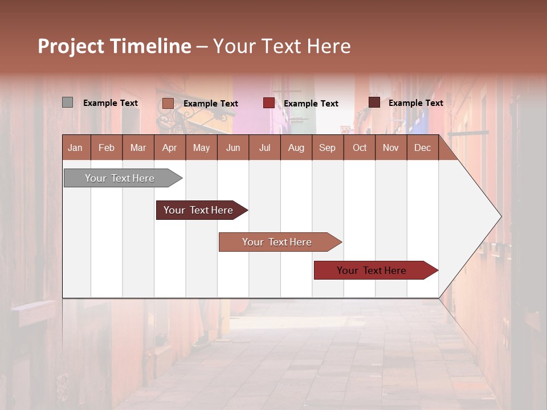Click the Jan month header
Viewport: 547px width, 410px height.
point(76,147)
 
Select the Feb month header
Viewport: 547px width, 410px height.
point(107,147)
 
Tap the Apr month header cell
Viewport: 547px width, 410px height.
point(169,147)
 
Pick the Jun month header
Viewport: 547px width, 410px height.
point(233,147)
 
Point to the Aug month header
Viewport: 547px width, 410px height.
point(296,147)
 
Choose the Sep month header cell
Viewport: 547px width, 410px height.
point(327,147)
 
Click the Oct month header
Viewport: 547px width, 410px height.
point(360,147)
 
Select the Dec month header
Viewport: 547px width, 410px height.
point(422,147)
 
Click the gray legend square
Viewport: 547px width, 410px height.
point(67,102)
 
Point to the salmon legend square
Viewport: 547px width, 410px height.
point(168,103)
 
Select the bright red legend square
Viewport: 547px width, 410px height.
point(268,103)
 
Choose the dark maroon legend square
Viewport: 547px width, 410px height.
point(374,102)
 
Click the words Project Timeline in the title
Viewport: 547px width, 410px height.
point(115,46)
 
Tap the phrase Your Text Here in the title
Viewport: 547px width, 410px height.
point(282,46)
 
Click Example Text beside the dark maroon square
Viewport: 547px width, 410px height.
point(415,103)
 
